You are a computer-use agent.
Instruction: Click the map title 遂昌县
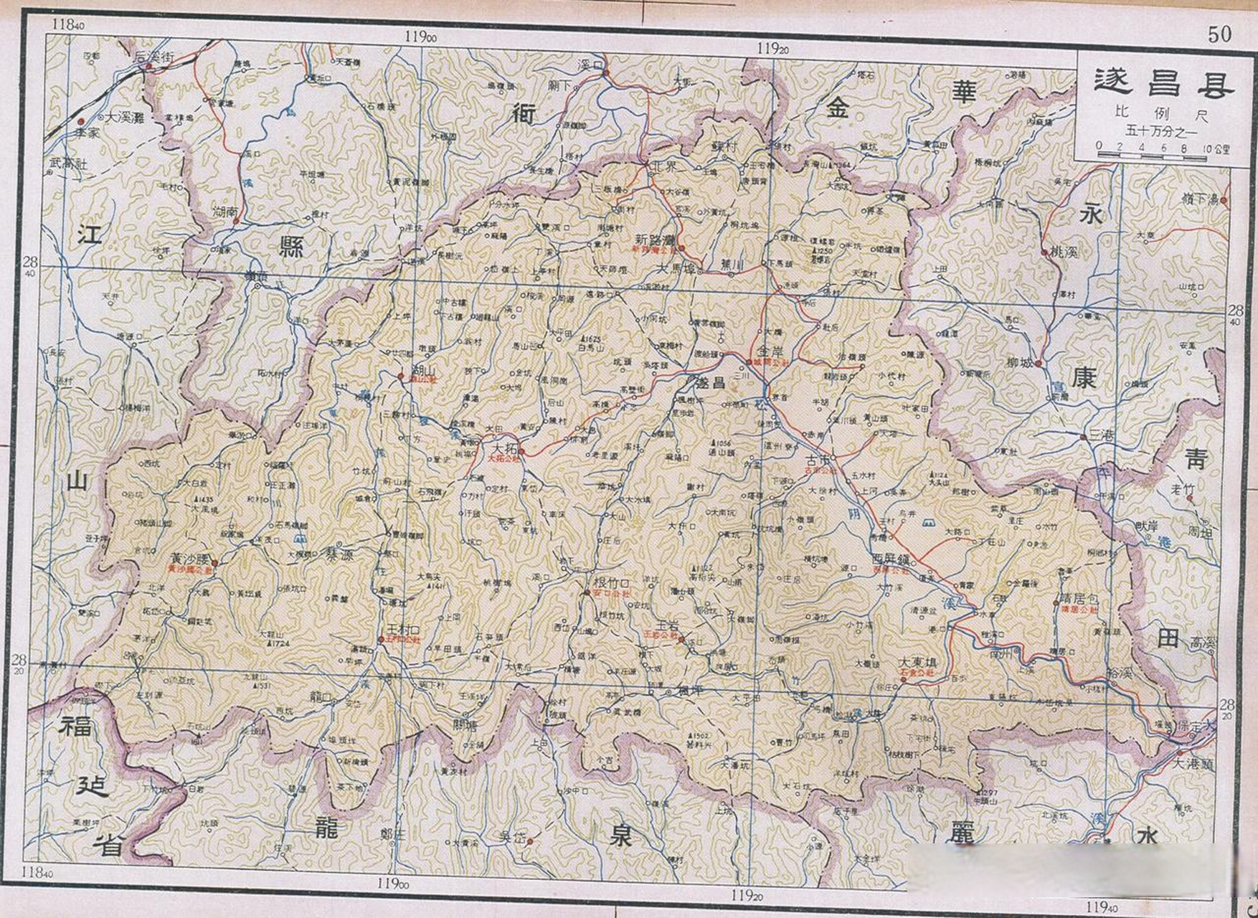1163,83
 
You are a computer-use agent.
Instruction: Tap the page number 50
1219,33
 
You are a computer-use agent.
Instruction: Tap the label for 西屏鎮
892,559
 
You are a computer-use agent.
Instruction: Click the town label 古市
819,459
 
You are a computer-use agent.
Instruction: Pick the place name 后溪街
155,56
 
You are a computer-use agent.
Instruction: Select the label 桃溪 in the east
1064,252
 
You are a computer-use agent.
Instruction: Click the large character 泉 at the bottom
620,836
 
